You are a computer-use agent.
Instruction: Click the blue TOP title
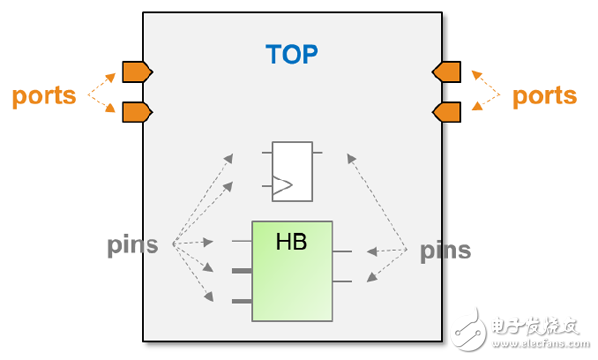coord(292,54)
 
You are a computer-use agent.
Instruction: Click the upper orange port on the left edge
coord(138,72)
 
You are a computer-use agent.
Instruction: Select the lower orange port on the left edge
coord(138,112)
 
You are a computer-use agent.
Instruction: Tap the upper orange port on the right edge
coord(447,72)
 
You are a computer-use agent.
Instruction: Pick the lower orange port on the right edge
coord(447,112)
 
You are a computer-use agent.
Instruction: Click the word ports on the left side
coord(44,96)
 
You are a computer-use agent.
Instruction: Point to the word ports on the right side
coord(544,96)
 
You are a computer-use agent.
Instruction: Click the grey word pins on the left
coord(133,246)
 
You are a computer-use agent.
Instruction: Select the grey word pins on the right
coord(446,251)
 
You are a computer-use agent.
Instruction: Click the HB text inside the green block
coord(291,242)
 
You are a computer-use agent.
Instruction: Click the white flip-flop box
coord(292,172)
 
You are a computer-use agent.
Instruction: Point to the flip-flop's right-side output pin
coord(317,153)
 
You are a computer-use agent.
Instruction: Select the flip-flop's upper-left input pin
coord(267,153)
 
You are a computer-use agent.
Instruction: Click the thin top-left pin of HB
coord(242,241)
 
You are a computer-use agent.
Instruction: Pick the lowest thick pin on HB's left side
coord(242,301)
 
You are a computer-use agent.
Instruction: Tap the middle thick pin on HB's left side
coord(242,271)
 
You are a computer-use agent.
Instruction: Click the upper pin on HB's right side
coord(342,251)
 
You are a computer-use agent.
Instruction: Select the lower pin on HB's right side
coord(342,282)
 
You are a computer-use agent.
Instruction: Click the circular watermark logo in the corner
coord(468,329)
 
